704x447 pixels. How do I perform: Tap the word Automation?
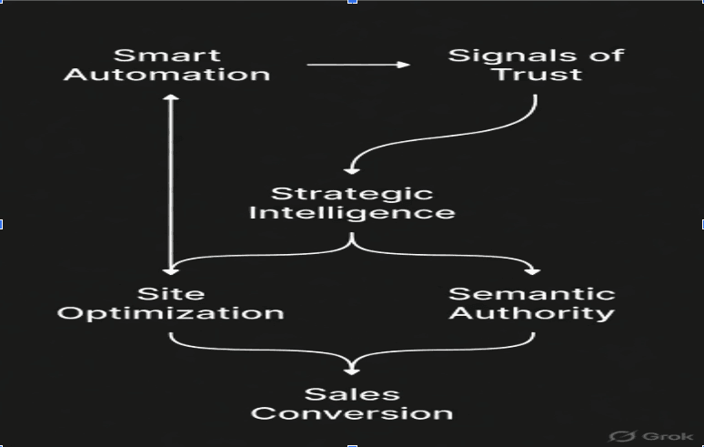166,75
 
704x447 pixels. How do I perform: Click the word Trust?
536,75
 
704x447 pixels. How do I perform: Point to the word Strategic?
352,193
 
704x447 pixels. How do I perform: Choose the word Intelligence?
352,213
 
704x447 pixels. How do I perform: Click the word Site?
171,293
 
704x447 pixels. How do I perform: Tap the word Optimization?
171,314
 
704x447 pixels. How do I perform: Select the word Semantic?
532,293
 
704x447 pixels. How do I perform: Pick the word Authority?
532,314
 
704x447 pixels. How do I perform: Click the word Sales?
352,393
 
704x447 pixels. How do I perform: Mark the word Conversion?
352,413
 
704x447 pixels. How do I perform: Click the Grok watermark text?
667,436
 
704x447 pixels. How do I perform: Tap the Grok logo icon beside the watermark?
623,436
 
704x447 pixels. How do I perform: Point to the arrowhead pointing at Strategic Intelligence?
352,169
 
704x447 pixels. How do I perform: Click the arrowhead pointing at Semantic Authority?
532,270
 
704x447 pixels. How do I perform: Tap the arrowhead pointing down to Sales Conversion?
352,370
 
